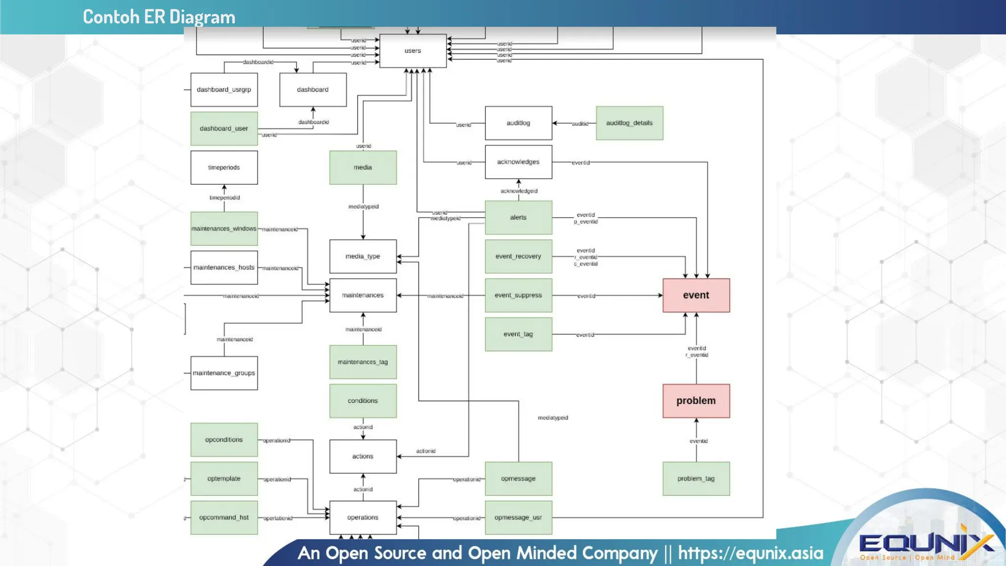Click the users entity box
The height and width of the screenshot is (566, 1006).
[413, 51]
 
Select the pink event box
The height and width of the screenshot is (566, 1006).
[696, 295]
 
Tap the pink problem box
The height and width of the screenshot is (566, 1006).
[696, 401]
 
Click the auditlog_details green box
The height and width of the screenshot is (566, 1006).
[629, 123]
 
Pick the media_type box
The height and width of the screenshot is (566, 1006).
[363, 256]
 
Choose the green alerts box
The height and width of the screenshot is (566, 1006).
[518, 217]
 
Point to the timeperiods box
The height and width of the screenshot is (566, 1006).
[224, 168]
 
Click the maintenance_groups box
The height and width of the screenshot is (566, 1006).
[224, 373]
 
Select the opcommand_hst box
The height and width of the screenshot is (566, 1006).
[224, 517]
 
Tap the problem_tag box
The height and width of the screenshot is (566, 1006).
[696, 479]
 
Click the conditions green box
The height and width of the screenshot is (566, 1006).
[363, 401]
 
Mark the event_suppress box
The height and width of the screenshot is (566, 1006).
[518, 295]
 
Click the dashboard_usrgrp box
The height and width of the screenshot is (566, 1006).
[224, 89]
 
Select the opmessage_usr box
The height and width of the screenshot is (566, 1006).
[518, 517]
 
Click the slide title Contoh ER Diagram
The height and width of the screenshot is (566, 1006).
[159, 17]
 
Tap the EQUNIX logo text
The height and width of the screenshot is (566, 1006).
[926, 544]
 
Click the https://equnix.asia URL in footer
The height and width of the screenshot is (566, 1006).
[751, 553]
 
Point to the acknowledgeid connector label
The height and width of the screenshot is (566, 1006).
[519, 191]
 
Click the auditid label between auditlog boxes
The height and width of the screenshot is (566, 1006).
[580, 124]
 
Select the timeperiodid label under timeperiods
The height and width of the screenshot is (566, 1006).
[224, 198]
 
